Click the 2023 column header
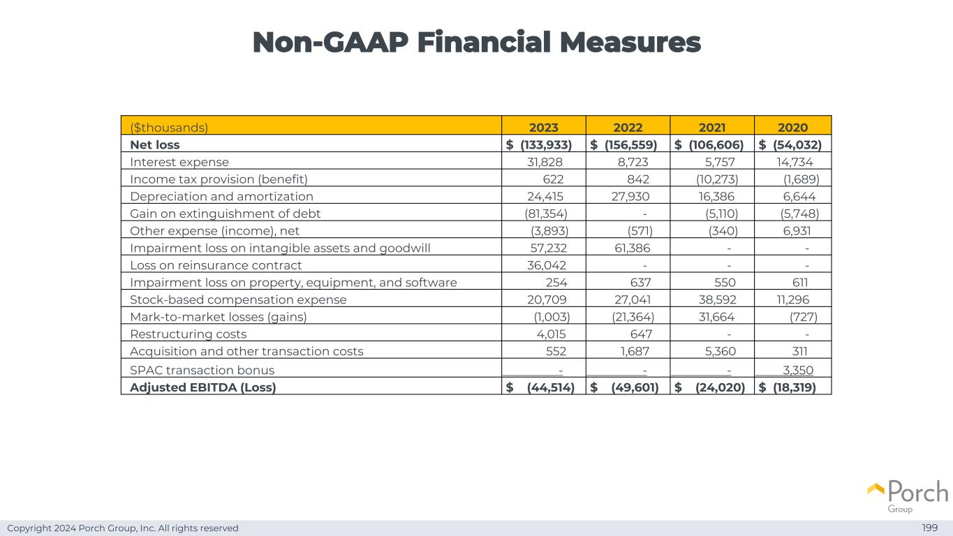point(543,127)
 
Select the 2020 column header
point(792,127)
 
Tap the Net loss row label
point(155,144)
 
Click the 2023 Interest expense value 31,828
point(545,162)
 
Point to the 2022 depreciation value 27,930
point(630,196)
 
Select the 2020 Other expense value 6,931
point(799,230)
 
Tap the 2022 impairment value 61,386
point(630,248)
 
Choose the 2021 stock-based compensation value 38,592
point(716,299)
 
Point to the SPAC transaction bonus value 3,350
point(797,370)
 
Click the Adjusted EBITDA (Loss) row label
point(202,387)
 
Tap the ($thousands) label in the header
point(169,127)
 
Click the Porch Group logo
point(908,496)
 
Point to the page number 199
point(929,528)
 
